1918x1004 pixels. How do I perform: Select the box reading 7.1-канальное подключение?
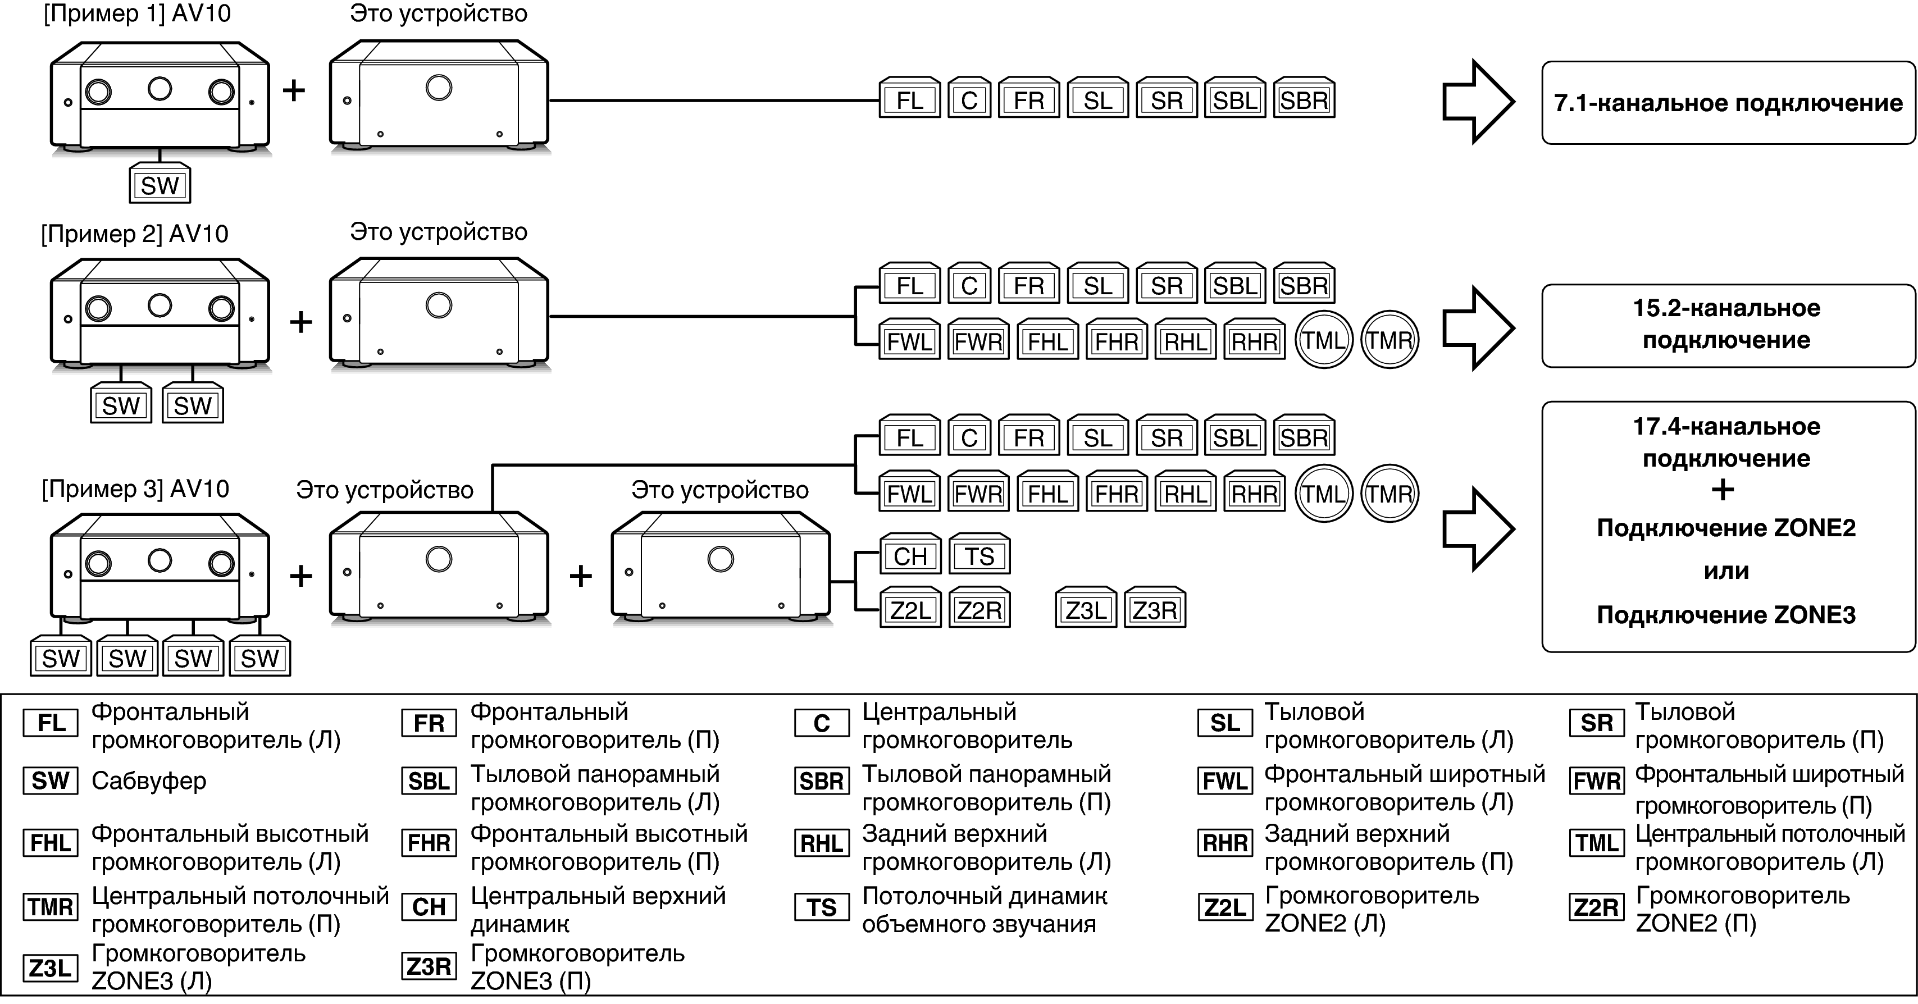coord(1728,103)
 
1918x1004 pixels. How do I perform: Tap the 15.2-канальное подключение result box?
coord(1728,325)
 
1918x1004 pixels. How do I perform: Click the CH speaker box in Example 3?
coord(910,555)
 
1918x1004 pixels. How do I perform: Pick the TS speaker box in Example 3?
coord(979,555)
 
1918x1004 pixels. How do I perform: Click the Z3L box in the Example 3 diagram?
coord(1086,610)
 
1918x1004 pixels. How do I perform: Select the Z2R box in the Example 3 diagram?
coord(979,610)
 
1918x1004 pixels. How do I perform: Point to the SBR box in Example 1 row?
coord(1304,100)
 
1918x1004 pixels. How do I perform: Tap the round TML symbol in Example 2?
coord(1323,340)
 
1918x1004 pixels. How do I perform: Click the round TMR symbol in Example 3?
coord(1389,494)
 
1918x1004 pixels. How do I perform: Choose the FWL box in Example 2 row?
coord(910,341)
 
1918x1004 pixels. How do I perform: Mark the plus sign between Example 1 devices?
coord(294,90)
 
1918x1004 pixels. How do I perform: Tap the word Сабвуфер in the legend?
coord(148,781)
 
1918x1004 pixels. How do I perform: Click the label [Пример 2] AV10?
coord(134,234)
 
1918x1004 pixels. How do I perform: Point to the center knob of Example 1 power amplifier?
coord(439,87)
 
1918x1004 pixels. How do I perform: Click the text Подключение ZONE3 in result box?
coord(1726,615)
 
